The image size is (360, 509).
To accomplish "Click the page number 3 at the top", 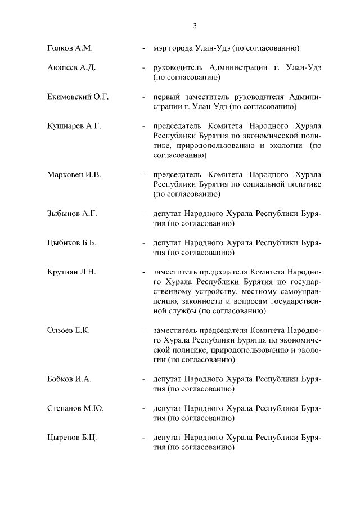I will [x=195, y=25].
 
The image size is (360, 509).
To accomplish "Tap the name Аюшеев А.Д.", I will [x=71, y=68].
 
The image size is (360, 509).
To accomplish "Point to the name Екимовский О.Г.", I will [x=78, y=97].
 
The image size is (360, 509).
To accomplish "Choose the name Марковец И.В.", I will [x=74, y=175].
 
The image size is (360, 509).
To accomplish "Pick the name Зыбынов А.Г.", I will [x=73, y=214].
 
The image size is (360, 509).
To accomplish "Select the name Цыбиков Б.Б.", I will [x=71, y=243].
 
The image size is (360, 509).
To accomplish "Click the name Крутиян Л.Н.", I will [x=71, y=272].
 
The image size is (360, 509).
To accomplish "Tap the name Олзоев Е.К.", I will [x=69, y=331].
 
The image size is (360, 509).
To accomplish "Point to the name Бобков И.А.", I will [x=69, y=379].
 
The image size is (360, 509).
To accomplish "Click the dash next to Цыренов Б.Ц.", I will [x=144, y=438].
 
